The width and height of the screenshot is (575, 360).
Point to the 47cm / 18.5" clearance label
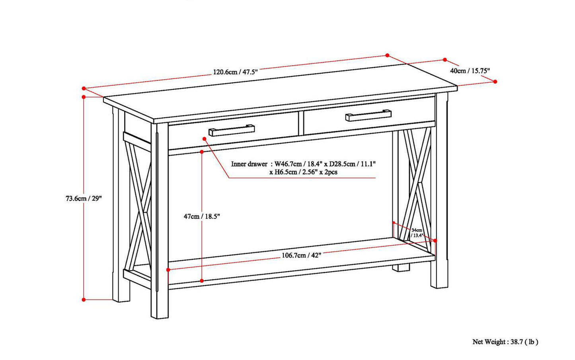pos(201,216)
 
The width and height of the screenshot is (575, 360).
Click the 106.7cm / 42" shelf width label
pos(301,255)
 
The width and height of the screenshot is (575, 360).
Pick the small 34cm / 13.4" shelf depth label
pos(417,233)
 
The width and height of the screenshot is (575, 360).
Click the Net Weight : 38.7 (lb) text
pos(505,341)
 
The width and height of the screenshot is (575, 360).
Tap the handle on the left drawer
pos(232,130)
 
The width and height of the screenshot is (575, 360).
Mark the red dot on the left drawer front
pos(205,139)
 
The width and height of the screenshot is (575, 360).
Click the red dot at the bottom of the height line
pos(84,300)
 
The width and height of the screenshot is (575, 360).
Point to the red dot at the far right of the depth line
pos(495,82)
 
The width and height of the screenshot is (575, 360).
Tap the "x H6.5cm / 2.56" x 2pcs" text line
pos(303,172)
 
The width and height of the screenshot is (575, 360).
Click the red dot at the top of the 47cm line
pos(202,152)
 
